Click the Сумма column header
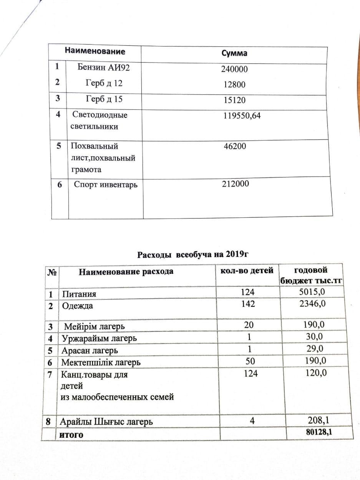(x=234, y=53)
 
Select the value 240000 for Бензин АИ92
(x=234, y=69)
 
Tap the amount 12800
(x=233, y=85)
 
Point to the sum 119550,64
(x=242, y=115)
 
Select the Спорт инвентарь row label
(x=106, y=185)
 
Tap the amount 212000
(x=236, y=184)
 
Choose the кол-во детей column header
(x=246, y=271)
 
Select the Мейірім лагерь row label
(x=95, y=327)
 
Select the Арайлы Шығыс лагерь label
(x=106, y=422)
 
